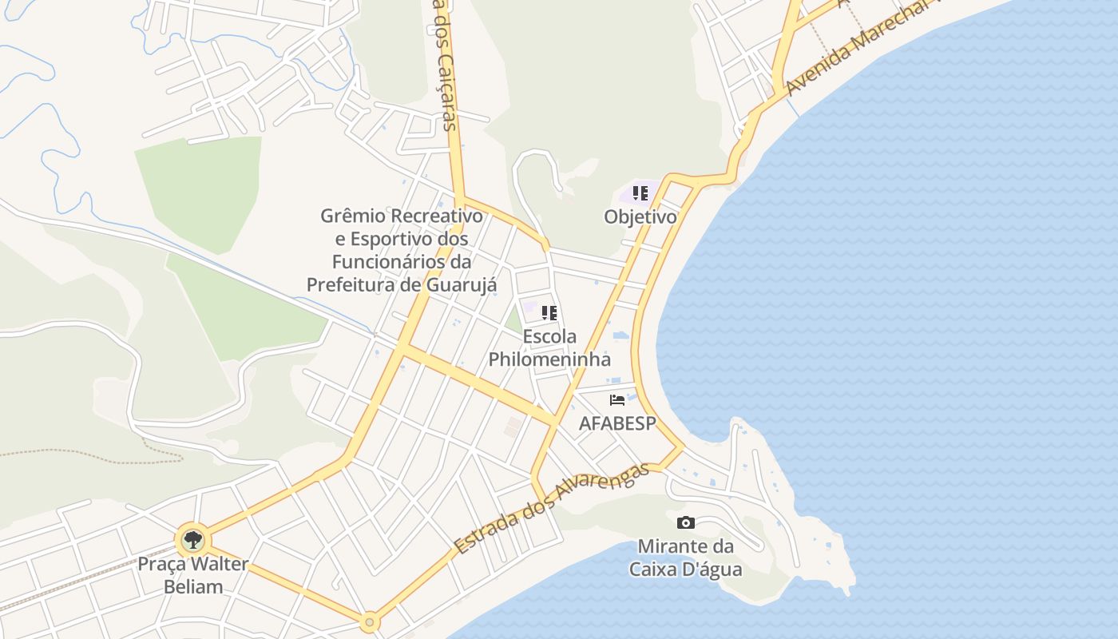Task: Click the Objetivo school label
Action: click(640, 216)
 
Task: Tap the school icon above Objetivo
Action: click(640, 193)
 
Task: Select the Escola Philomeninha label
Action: click(549, 348)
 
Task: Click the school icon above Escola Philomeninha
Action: click(549, 313)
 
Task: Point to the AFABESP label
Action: click(616, 423)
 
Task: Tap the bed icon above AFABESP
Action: click(616, 400)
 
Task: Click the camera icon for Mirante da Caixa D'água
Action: click(685, 523)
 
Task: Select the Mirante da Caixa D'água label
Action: click(685, 558)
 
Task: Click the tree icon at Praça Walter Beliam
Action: click(192, 540)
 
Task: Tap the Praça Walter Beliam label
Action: click(192, 575)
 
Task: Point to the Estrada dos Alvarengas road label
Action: click(551, 508)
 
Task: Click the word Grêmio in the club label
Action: click(353, 216)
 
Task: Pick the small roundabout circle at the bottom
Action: click(369, 621)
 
